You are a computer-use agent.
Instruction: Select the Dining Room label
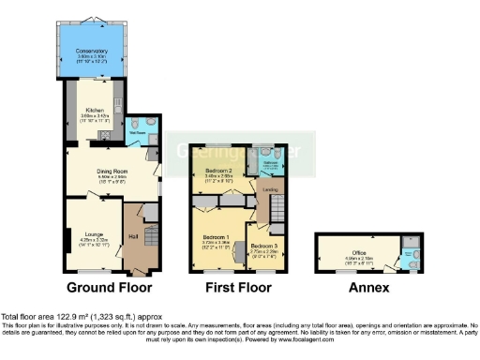click(x=112, y=171)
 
